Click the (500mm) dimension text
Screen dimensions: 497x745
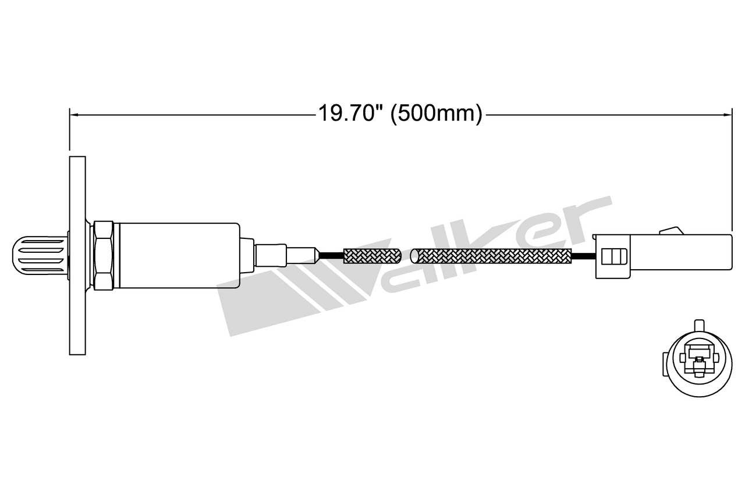[437, 114]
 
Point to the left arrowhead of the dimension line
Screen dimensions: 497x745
[72, 115]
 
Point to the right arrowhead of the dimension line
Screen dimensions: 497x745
[729, 115]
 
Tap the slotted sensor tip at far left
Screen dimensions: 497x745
[40, 255]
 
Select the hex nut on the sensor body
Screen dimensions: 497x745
[103, 255]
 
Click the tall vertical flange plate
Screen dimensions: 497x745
[77, 255]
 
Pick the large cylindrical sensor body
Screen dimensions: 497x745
[178, 255]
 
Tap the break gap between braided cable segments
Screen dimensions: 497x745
[407, 255]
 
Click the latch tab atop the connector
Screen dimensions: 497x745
[670, 231]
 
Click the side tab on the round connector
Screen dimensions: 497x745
[665, 364]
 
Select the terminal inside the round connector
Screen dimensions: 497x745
[698, 357]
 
